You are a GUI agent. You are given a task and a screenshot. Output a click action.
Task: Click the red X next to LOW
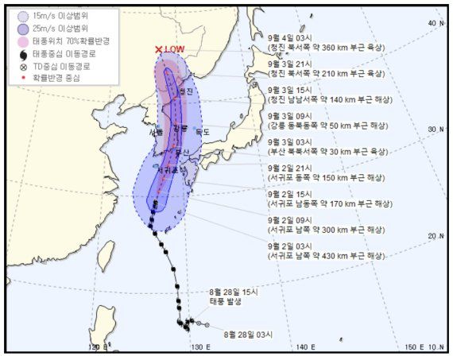tap(159, 49)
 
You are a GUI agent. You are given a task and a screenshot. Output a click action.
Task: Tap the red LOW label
tap(176, 49)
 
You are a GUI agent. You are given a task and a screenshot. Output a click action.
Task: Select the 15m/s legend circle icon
tap(21, 14)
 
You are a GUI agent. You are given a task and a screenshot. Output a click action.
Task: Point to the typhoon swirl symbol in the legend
tap(21, 53)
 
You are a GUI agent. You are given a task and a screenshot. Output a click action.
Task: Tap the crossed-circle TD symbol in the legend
tap(21, 66)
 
